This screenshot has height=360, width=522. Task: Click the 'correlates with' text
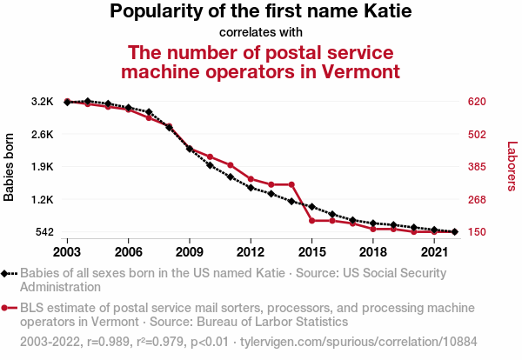261,33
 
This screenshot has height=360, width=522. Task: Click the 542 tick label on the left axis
43,232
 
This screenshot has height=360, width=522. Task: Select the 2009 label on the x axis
190,251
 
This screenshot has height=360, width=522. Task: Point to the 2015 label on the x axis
311,251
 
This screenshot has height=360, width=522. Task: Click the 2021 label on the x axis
433,251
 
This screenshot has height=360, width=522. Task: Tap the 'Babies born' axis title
10,167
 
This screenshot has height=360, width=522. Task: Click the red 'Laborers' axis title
512,167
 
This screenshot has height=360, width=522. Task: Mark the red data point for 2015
311,221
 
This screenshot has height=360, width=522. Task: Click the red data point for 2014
291,184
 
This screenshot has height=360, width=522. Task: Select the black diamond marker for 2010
210,165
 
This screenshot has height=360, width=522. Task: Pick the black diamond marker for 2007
149,112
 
